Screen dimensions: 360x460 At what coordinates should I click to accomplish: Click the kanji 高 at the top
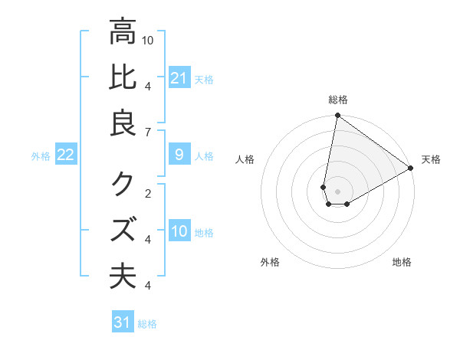click(123, 32)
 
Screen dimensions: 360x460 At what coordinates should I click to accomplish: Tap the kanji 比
click(123, 78)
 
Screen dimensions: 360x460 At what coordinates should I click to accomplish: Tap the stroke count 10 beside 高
click(148, 39)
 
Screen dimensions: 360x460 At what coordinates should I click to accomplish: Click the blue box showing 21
click(179, 78)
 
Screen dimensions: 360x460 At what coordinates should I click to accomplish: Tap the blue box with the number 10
click(179, 232)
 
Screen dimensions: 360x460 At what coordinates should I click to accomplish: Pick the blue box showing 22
click(66, 155)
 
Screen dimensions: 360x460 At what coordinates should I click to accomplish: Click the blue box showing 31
click(123, 322)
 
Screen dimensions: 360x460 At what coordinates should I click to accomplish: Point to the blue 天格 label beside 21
click(204, 80)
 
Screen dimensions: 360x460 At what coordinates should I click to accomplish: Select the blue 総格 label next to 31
click(147, 324)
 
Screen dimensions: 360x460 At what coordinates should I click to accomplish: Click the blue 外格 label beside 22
click(41, 156)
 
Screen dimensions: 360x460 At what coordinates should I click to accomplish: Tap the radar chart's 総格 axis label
click(337, 100)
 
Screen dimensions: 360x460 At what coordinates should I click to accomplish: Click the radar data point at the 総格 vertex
click(337, 116)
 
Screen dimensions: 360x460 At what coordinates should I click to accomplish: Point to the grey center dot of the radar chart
click(337, 191)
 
